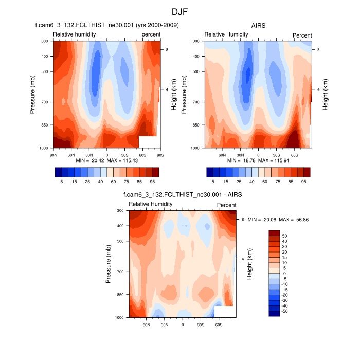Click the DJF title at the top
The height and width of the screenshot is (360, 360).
pyautogui.click(x=180, y=11)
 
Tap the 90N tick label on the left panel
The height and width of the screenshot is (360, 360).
pyautogui.click(x=52, y=154)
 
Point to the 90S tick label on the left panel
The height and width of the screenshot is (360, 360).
pyautogui.click(x=160, y=154)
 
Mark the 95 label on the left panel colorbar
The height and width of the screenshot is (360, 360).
pyautogui.click(x=152, y=182)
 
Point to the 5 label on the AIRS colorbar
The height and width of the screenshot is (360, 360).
pyautogui.click(x=213, y=182)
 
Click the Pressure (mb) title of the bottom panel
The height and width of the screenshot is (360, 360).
pyautogui.click(x=109, y=264)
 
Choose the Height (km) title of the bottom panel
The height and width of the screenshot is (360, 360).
pyautogui.click(x=249, y=264)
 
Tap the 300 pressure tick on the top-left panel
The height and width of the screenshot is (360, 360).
pyautogui.click(x=44, y=41)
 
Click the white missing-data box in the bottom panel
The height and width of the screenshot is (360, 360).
pyautogui.click(x=225, y=312)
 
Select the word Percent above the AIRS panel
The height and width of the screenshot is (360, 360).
pyautogui.click(x=302, y=35)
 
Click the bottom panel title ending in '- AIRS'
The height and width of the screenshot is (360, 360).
pyautogui.click(x=183, y=195)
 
